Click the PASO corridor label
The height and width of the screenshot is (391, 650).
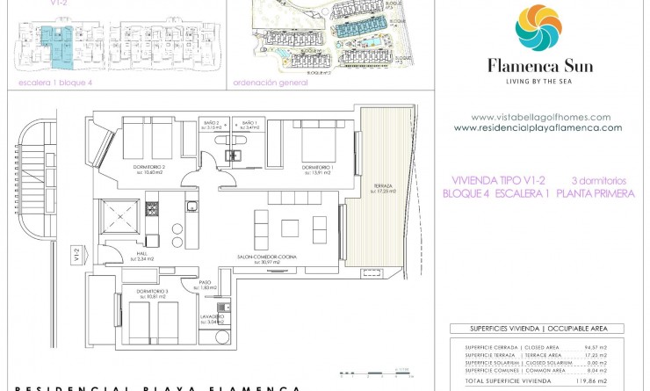[206, 284]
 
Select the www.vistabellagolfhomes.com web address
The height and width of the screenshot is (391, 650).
[540, 117]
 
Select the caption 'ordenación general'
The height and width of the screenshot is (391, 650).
[271, 83]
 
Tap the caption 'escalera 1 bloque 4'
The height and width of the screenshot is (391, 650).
[54, 83]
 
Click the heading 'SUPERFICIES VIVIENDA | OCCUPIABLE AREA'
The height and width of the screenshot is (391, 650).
[537, 329]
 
